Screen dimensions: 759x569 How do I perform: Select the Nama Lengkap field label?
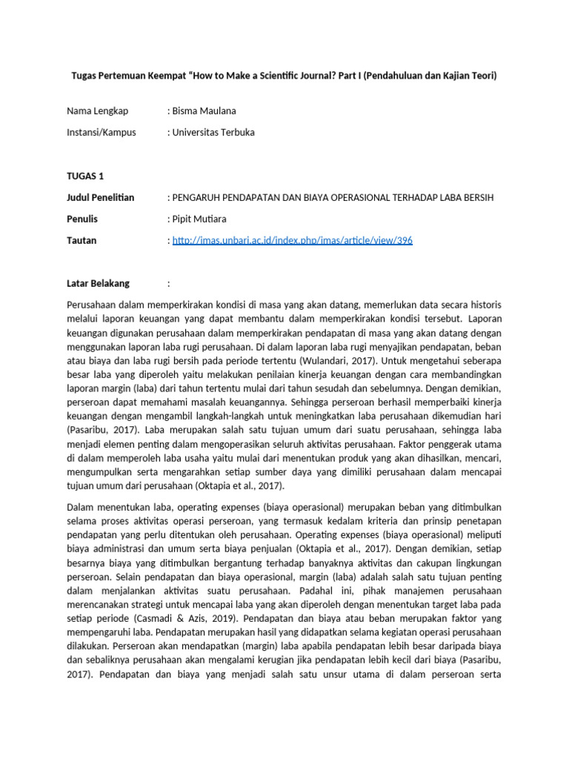[97, 111]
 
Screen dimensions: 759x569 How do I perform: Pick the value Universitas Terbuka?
[213, 133]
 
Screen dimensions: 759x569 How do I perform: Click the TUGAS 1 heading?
[86, 176]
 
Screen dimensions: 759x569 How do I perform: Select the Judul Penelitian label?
[101, 197]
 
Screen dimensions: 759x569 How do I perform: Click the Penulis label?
[82, 219]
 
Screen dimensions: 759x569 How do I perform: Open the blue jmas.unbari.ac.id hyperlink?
[292, 240]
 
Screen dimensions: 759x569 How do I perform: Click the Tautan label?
[81, 240]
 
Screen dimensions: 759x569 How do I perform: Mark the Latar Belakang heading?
[98, 283]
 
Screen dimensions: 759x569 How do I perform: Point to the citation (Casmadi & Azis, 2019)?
[170, 617]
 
